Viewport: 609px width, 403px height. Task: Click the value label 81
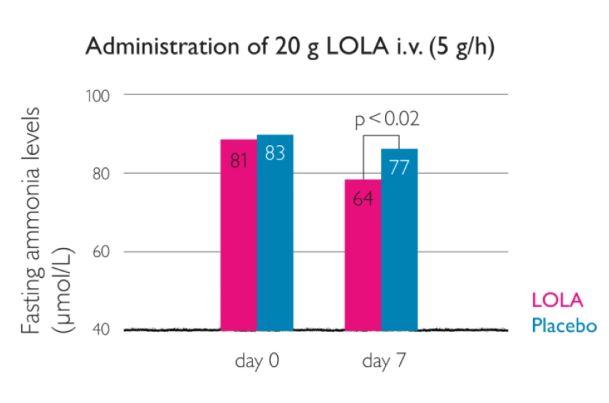(x=238, y=161)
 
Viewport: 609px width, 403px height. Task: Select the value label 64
(x=363, y=200)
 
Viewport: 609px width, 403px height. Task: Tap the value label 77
(x=400, y=168)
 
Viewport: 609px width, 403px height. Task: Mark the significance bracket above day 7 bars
(x=380, y=135)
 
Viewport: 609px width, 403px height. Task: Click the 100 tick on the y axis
(x=100, y=94)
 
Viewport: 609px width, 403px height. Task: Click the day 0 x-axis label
(x=257, y=361)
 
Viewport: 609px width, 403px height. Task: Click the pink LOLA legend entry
(x=557, y=301)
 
